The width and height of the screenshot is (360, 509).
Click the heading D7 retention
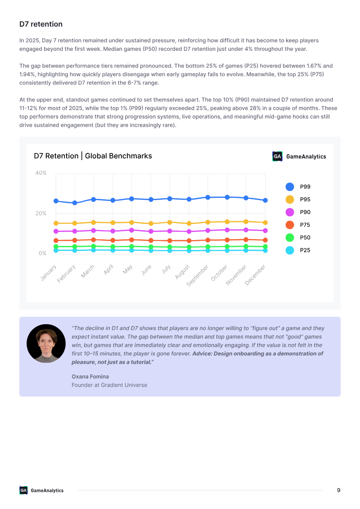(41, 24)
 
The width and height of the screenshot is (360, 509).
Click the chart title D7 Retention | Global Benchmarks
(93, 156)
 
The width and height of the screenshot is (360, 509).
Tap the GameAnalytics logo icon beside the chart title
(277, 156)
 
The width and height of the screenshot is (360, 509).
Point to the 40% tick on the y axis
(41, 173)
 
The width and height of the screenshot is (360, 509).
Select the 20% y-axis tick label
(41, 213)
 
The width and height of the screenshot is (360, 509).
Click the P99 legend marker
(290, 187)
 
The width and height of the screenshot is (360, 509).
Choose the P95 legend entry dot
(290, 199)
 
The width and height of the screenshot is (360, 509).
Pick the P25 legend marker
(290, 250)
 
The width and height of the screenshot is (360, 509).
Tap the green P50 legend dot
(290, 237)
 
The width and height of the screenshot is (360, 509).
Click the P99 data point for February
(75, 203)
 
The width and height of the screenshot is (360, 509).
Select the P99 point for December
(265, 200)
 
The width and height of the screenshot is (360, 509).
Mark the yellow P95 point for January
(56, 223)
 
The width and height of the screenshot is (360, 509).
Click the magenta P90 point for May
(131, 230)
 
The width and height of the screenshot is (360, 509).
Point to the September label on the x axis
(198, 276)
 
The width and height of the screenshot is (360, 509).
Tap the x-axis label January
(49, 272)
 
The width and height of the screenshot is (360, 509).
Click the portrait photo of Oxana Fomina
(46, 344)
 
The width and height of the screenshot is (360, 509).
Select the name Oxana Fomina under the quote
(90, 376)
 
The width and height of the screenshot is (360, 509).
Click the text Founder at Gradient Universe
(109, 385)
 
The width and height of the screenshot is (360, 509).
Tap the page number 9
(338, 490)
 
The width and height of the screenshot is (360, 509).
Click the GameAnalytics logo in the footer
(41, 490)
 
